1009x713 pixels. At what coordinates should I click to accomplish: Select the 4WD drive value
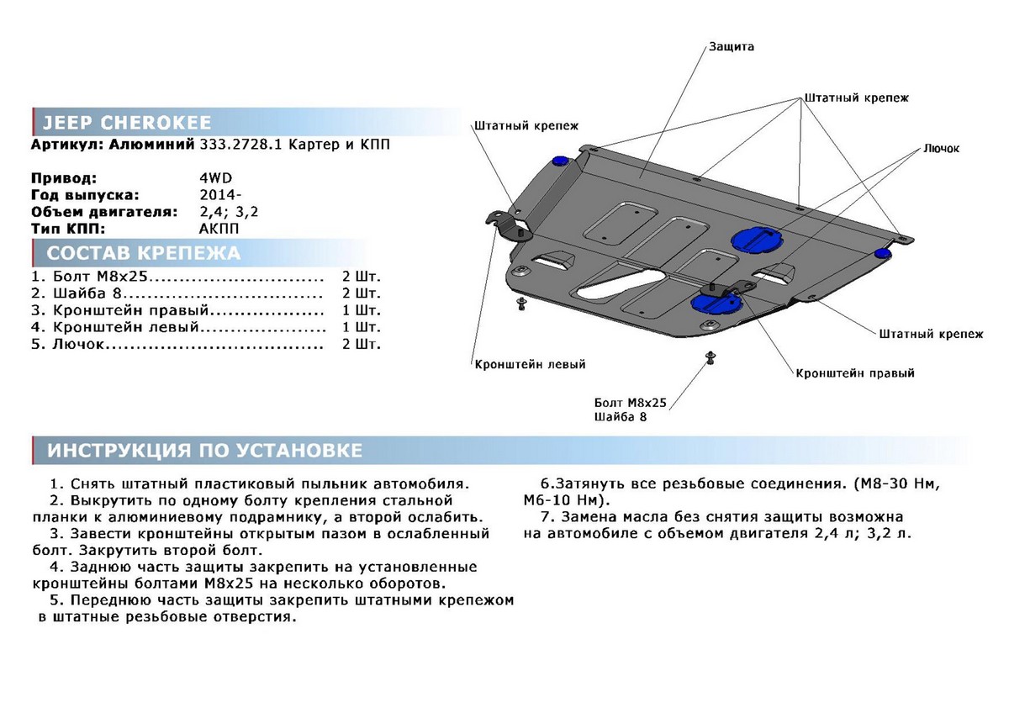(x=211, y=178)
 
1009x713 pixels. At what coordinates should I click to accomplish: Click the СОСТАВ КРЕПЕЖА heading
(x=143, y=253)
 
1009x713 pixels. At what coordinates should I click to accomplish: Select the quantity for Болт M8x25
(x=362, y=277)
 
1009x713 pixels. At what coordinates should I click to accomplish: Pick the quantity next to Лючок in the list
(x=362, y=344)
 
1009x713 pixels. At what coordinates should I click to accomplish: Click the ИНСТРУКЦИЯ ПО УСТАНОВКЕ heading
(x=205, y=451)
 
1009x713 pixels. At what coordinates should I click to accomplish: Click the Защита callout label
(x=731, y=47)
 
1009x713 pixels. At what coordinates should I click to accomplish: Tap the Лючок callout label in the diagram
(x=941, y=148)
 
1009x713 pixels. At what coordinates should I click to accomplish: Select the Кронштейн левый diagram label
(x=530, y=365)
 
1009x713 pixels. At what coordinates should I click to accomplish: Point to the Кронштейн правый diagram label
(x=855, y=372)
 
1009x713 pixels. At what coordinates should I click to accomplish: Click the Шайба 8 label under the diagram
(x=621, y=418)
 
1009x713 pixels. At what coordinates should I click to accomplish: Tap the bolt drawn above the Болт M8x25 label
(x=711, y=359)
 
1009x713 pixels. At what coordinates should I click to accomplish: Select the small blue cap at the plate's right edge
(x=883, y=253)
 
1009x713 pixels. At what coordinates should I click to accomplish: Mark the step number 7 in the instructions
(x=547, y=516)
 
